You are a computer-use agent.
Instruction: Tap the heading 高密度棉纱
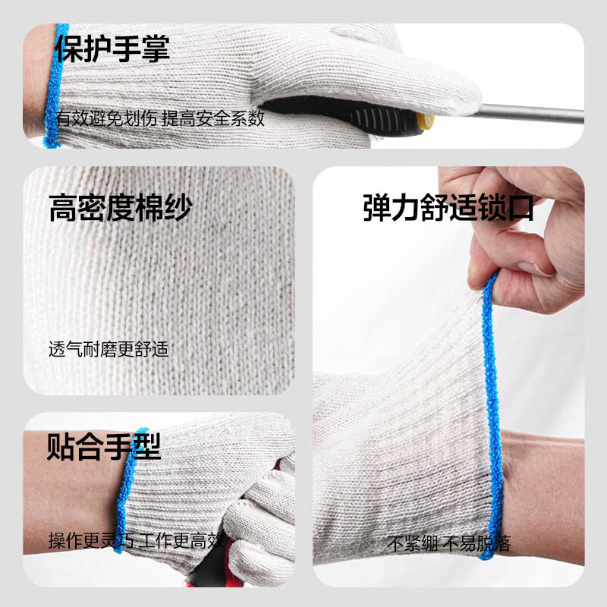click(x=120, y=208)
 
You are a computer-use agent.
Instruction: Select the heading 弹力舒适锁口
click(x=448, y=207)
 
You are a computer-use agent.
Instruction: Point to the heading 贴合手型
click(x=104, y=445)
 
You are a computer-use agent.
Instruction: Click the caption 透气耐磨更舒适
click(x=108, y=350)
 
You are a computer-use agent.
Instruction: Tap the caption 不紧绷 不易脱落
click(x=449, y=543)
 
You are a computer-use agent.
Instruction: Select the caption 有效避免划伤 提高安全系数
click(x=159, y=118)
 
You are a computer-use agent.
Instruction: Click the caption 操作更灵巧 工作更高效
click(x=137, y=541)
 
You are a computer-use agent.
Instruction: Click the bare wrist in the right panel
click(x=543, y=486)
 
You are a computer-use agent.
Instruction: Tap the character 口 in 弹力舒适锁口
click(x=520, y=207)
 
